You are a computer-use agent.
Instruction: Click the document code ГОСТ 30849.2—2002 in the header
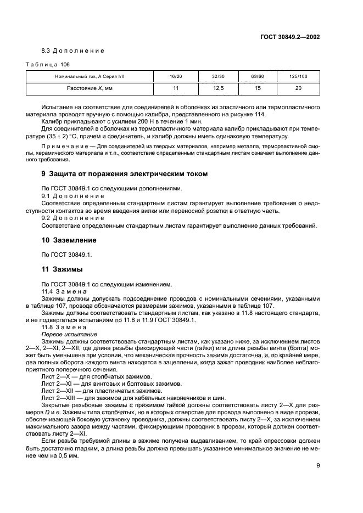tap(290, 37)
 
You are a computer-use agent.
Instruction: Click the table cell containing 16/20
tap(176, 76)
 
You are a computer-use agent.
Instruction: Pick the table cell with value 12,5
tap(217, 87)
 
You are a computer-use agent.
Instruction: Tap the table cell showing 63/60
tap(257, 76)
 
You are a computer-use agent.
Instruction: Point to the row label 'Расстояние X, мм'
tap(90, 87)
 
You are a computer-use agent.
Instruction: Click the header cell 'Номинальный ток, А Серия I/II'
tap(90, 76)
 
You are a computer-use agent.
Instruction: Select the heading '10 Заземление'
tap(69, 240)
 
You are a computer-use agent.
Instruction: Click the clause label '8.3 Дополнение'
tap(73, 50)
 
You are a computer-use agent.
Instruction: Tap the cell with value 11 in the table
tap(176, 87)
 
